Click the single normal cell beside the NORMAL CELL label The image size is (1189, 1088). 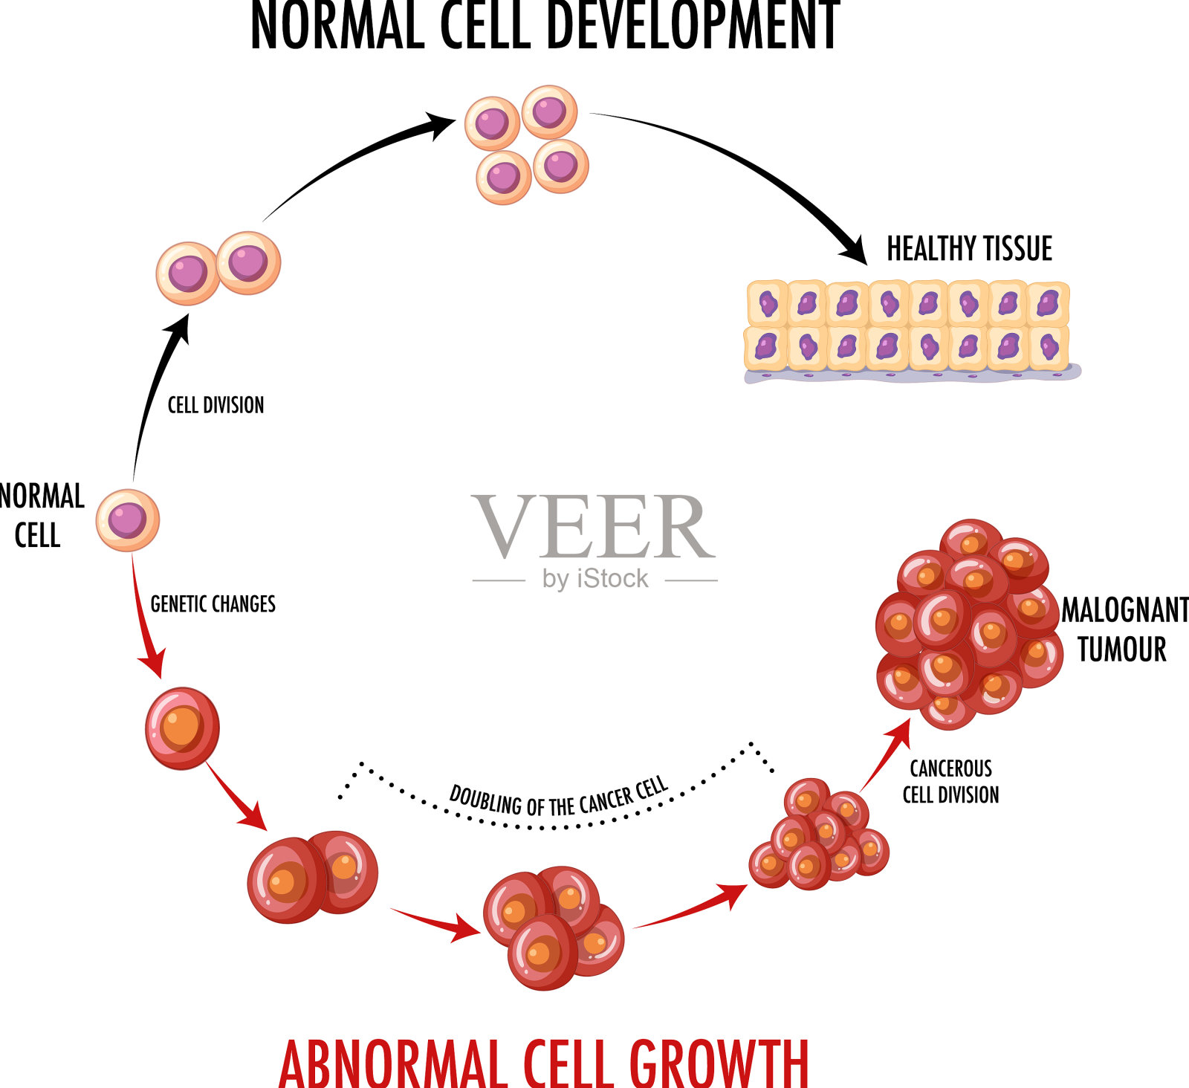[128, 519]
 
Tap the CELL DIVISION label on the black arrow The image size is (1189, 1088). [216, 405]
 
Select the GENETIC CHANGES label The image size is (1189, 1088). [213, 603]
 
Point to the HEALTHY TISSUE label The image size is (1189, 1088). [969, 249]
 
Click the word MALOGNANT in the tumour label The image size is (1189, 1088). [1124, 610]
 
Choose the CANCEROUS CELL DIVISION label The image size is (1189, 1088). [950, 781]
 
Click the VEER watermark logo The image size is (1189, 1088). [593, 528]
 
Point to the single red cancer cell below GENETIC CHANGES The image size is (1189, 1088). [182, 728]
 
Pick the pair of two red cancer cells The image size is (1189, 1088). [312, 877]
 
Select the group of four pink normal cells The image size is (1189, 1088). [527, 144]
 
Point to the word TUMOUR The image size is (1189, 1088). [1121, 650]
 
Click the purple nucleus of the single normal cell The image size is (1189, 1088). [127, 519]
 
